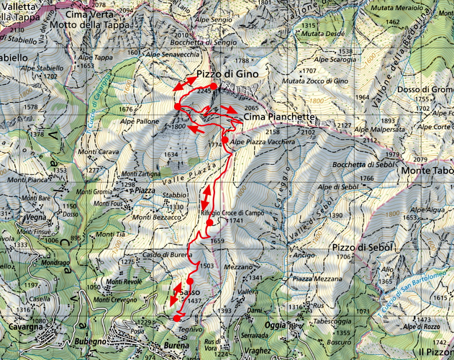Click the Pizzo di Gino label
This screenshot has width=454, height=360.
pyautogui.click(x=227, y=74)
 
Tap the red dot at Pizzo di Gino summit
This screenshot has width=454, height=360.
pyautogui.click(x=214, y=86)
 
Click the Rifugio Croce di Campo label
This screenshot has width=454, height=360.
pyautogui.click(x=233, y=213)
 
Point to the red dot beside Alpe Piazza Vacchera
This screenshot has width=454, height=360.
pyautogui.click(x=225, y=140)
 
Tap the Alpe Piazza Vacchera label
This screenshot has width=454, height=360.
pyautogui.click(x=262, y=142)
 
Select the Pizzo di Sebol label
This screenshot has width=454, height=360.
pyautogui.click(x=359, y=247)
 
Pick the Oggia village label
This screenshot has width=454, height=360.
pyautogui.click(x=278, y=325)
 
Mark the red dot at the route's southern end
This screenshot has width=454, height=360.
pyautogui.click(x=177, y=318)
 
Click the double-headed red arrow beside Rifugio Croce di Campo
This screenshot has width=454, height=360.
pyautogui.click(x=206, y=198)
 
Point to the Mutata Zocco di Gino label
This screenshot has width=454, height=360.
pyautogui.click(x=315, y=81)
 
